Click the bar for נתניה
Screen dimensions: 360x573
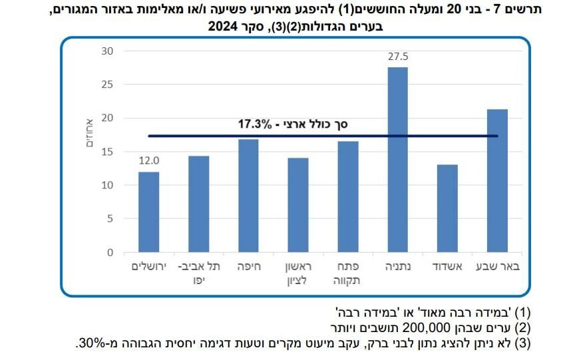click(397, 160)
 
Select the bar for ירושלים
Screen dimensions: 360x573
click(148, 212)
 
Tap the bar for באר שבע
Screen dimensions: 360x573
click(496, 180)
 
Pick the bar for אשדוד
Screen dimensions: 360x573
click(447, 208)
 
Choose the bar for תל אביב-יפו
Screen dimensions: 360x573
click(198, 204)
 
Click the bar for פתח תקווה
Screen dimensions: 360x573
click(347, 197)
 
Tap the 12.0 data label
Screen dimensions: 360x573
click(149, 161)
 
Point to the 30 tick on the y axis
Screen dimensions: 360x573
click(108, 51)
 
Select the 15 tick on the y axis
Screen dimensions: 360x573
click(108, 152)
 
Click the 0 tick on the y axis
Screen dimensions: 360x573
click(111, 252)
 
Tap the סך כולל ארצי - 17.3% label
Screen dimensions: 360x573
click(293, 124)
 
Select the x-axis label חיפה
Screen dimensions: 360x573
click(248, 267)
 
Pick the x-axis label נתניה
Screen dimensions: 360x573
click(397, 267)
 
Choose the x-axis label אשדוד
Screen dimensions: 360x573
click(447, 267)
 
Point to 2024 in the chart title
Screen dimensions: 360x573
click(224, 27)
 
